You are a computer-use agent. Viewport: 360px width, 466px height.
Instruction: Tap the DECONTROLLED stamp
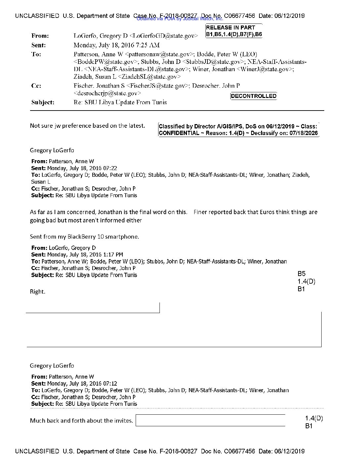pyautogui.click(x=253, y=96)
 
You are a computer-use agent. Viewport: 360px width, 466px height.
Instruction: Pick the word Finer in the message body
pyautogui.click(x=200, y=212)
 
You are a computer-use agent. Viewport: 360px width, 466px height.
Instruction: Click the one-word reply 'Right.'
pyautogui.click(x=37, y=292)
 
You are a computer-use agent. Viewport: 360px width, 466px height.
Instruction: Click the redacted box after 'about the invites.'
pyautogui.click(x=210, y=420)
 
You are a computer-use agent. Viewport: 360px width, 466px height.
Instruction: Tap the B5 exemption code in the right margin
pyautogui.click(x=301, y=274)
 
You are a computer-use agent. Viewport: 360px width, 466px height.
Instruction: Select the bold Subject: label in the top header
pyautogui.click(x=43, y=102)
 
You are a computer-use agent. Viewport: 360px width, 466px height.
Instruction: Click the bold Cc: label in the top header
pyautogui.click(x=36, y=86)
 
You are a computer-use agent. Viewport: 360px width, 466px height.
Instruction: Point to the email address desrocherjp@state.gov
pyautogui.click(x=107, y=93)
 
